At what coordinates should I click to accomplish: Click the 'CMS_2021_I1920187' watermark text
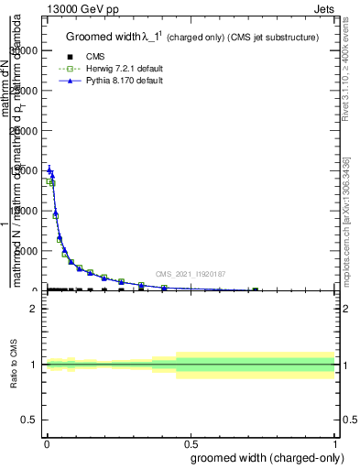click(190, 274)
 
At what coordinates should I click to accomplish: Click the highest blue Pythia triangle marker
click(49, 169)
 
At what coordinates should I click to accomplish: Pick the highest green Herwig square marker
click(49, 181)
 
